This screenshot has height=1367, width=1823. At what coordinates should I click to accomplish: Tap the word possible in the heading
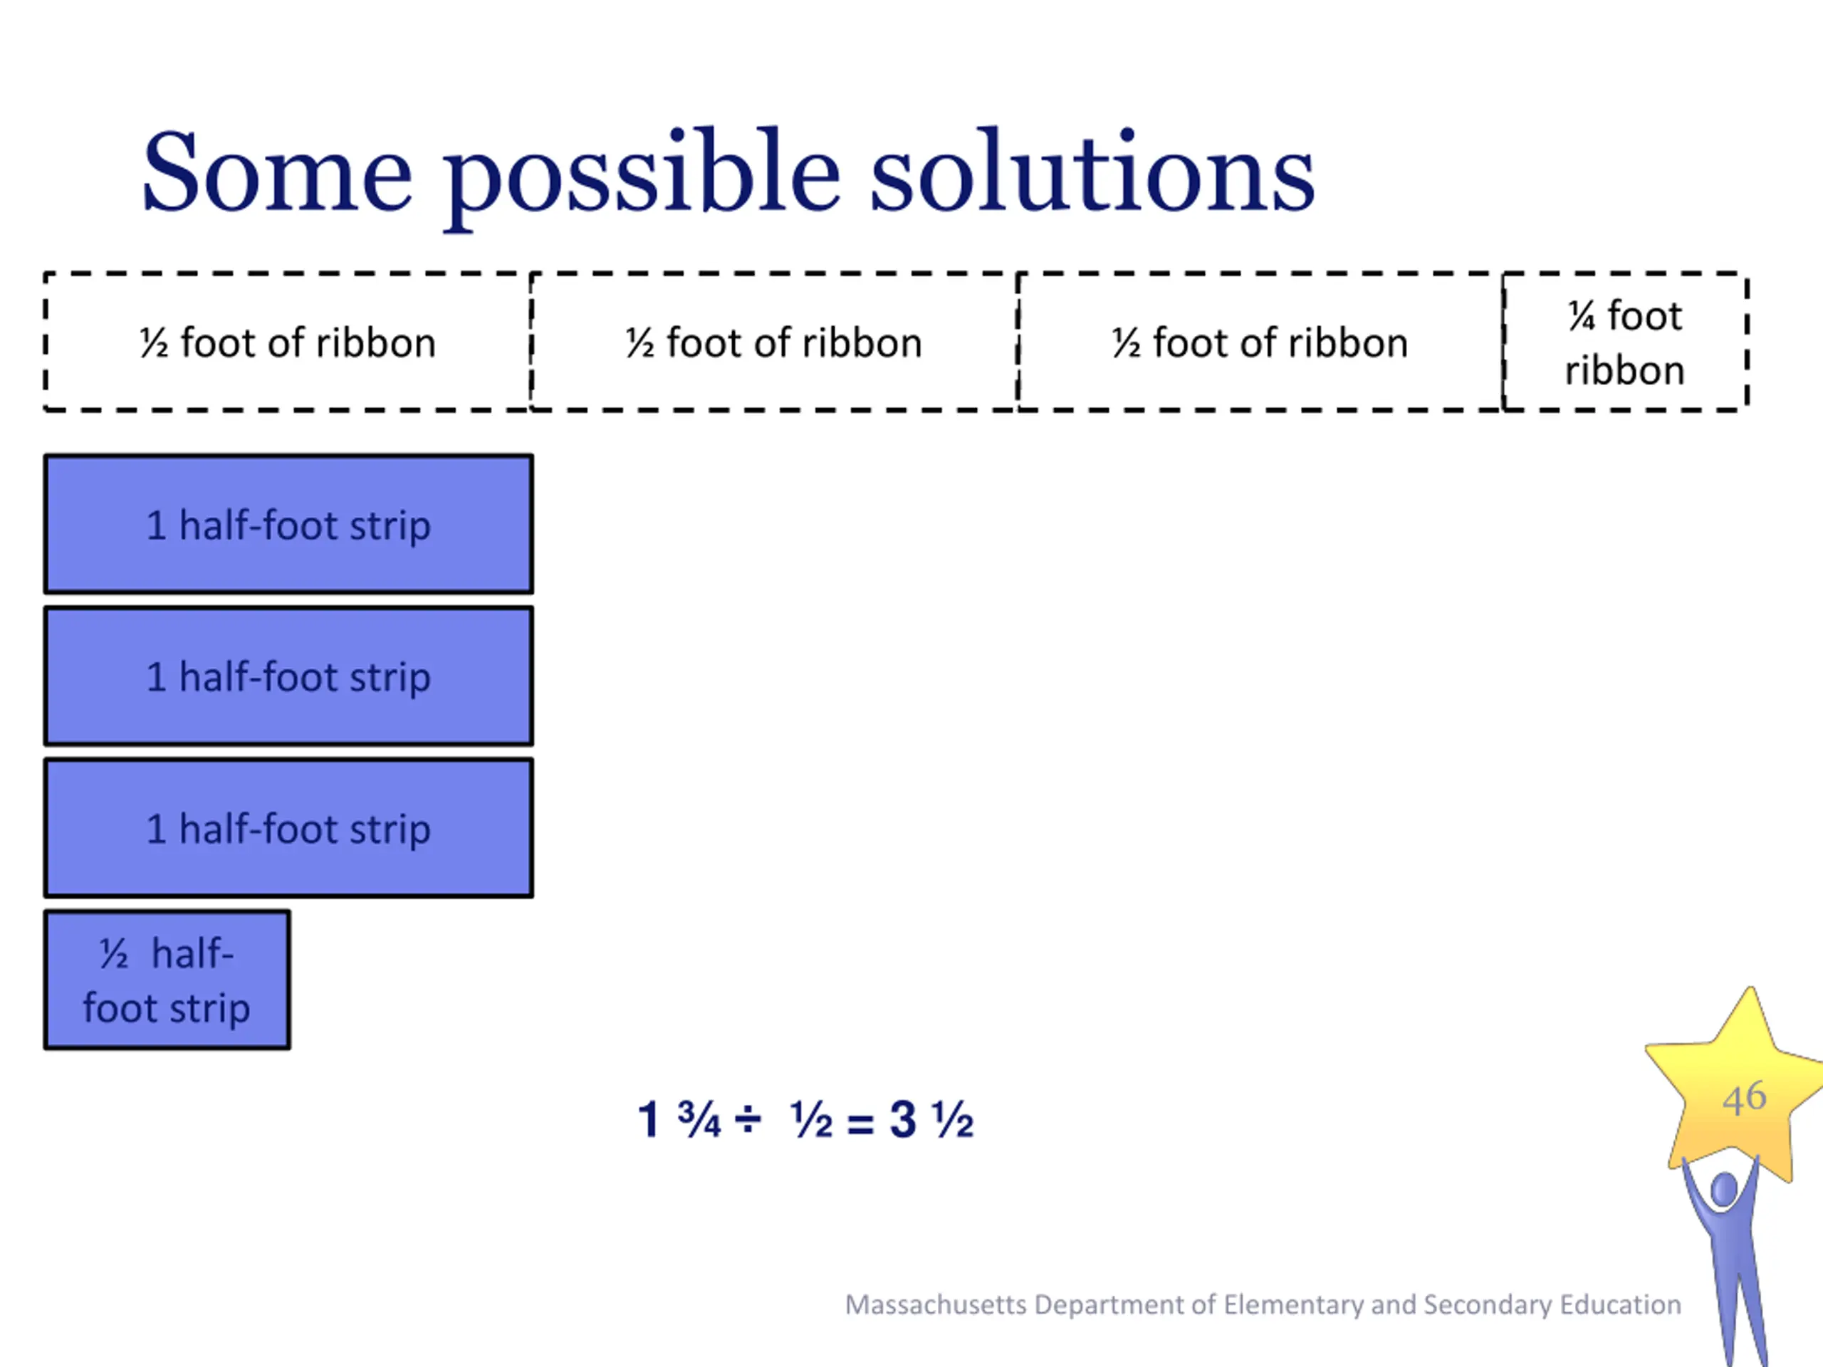coord(644,178)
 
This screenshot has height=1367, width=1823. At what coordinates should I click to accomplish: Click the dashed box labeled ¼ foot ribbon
coord(1624,341)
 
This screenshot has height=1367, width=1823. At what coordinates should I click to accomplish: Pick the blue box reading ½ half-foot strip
coord(167,980)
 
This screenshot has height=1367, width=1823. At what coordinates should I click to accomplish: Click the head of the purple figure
coord(1724,1189)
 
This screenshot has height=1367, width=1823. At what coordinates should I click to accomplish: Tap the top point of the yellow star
coord(1749,988)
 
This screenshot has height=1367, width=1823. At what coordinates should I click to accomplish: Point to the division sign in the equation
coord(748,1119)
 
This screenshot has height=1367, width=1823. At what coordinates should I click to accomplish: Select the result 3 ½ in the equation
coord(932,1120)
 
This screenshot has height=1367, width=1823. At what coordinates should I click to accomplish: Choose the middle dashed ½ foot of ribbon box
coord(774,341)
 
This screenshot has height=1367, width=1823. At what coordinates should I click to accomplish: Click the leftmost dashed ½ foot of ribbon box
coord(288,341)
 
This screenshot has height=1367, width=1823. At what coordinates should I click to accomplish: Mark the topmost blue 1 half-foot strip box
coord(288,524)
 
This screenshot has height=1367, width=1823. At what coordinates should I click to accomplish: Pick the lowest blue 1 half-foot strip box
coord(288,828)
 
